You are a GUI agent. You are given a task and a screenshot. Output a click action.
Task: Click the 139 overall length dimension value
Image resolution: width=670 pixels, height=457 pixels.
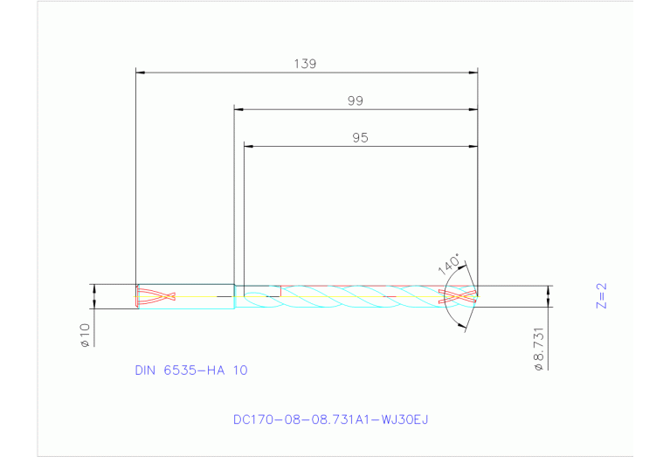(305, 63)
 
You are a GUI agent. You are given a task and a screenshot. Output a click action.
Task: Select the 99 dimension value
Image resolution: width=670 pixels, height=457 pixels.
(355, 100)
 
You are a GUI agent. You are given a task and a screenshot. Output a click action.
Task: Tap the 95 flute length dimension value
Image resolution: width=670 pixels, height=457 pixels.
(360, 137)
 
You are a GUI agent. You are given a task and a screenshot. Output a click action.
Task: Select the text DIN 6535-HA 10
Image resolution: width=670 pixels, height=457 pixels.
(190, 370)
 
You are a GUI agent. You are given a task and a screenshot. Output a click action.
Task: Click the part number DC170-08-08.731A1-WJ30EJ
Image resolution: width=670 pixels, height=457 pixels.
(330, 419)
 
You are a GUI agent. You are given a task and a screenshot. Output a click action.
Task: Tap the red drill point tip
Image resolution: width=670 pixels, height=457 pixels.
(459, 296)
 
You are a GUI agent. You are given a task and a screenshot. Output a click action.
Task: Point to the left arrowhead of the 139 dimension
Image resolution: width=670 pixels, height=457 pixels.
(139, 72)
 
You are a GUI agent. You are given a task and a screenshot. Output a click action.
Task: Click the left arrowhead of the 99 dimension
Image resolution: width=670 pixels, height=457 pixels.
(238, 109)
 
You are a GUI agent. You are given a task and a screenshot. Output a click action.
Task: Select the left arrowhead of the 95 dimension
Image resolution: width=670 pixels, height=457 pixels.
(247, 146)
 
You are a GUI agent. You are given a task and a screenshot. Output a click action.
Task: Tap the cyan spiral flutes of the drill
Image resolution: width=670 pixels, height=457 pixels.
(349, 296)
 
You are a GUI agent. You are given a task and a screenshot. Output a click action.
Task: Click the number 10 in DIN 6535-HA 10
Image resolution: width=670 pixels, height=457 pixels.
(238, 370)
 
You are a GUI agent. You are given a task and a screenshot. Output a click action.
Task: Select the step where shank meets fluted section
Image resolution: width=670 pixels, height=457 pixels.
(234, 296)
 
